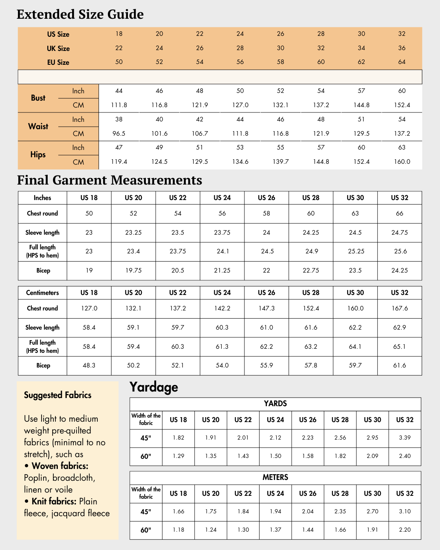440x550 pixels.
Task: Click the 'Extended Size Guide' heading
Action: click(80, 14)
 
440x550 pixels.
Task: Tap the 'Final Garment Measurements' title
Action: click(110, 180)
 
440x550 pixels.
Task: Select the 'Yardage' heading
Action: click(154, 387)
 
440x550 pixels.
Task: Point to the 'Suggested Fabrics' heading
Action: click(57, 395)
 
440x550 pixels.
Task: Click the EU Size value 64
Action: click(402, 62)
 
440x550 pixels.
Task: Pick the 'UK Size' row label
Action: click(58, 48)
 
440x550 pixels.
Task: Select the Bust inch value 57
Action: click(361, 91)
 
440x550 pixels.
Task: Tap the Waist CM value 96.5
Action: click(119, 134)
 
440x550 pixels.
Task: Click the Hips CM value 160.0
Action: click(402, 162)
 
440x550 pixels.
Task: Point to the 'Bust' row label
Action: click(38, 98)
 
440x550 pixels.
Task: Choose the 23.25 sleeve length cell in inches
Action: click(133, 233)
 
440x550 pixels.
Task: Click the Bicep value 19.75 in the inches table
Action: click(133, 271)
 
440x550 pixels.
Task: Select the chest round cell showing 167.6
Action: click(400, 308)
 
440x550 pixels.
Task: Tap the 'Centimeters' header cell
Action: click(42, 293)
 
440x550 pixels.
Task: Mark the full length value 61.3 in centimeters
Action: click(222, 347)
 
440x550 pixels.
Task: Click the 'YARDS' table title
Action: click(275, 404)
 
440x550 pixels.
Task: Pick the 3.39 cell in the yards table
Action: click(405, 438)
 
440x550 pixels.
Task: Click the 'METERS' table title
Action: click(275, 477)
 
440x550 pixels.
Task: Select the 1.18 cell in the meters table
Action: click(178, 530)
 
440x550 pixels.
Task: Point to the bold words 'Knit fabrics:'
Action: click(54, 502)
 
